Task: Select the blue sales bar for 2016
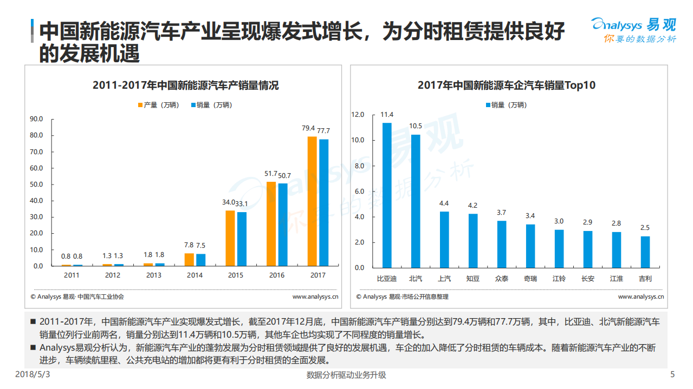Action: (x=282, y=225)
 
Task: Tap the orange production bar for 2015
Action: (x=230, y=238)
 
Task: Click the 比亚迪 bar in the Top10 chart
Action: (x=387, y=195)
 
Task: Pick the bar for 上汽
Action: (x=444, y=240)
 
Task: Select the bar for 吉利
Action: (x=645, y=252)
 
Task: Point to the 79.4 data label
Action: (x=308, y=129)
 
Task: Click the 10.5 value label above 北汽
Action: (x=416, y=126)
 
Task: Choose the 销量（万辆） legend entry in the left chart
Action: (x=211, y=105)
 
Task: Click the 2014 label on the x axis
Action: (x=195, y=275)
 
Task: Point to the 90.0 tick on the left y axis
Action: (x=36, y=119)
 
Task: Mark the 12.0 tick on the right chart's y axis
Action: (x=358, y=115)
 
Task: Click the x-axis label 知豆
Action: (x=472, y=279)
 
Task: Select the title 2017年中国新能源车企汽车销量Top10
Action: (x=507, y=85)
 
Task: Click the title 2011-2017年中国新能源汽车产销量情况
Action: (x=185, y=85)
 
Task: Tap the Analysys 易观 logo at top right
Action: (x=633, y=30)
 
